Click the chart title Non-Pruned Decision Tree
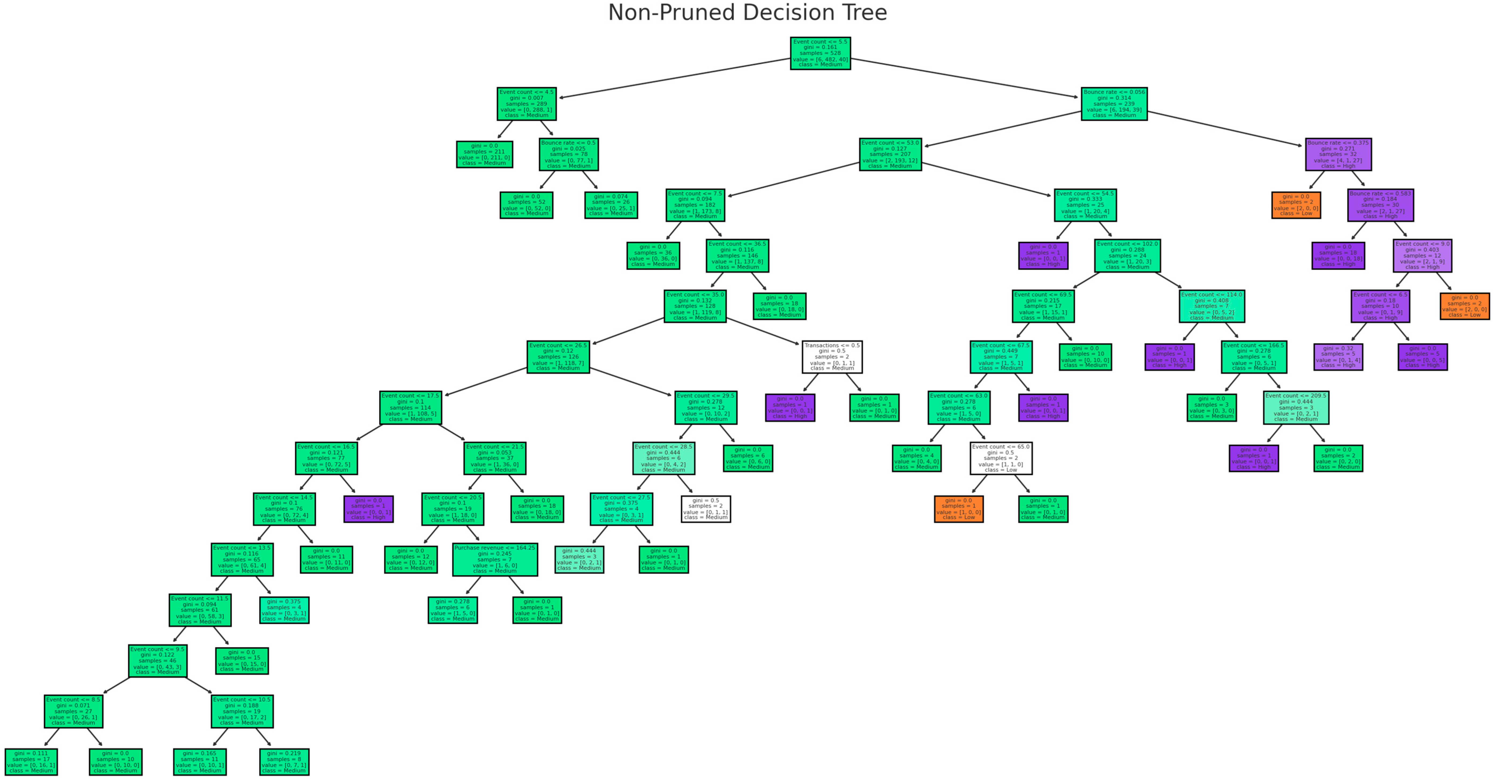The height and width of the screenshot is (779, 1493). coord(747,13)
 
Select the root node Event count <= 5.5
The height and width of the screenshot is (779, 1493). coord(820,53)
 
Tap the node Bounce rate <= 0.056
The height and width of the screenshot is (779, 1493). coord(1114,104)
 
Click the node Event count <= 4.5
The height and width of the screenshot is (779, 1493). coord(526,104)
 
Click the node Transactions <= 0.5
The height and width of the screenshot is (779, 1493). coord(832,357)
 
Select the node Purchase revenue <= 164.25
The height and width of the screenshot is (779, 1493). coord(494,560)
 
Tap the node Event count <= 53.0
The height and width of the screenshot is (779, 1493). coord(890,154)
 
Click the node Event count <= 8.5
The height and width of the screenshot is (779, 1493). coord(73,712)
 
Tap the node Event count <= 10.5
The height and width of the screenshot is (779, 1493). coord(242,712)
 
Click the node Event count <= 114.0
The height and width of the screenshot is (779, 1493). coord(1211,306)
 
